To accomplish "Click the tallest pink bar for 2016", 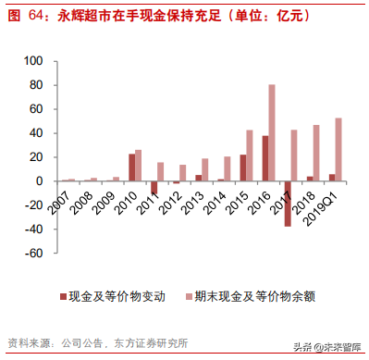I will tap(272, 132).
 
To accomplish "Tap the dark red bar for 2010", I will tap(131, 167).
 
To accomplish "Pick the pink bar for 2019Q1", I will tap(338, 148).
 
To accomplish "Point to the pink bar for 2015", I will tap(250, 155).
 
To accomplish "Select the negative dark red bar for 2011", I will tap(154, 187).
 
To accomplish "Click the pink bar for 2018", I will tap(316, 152).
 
